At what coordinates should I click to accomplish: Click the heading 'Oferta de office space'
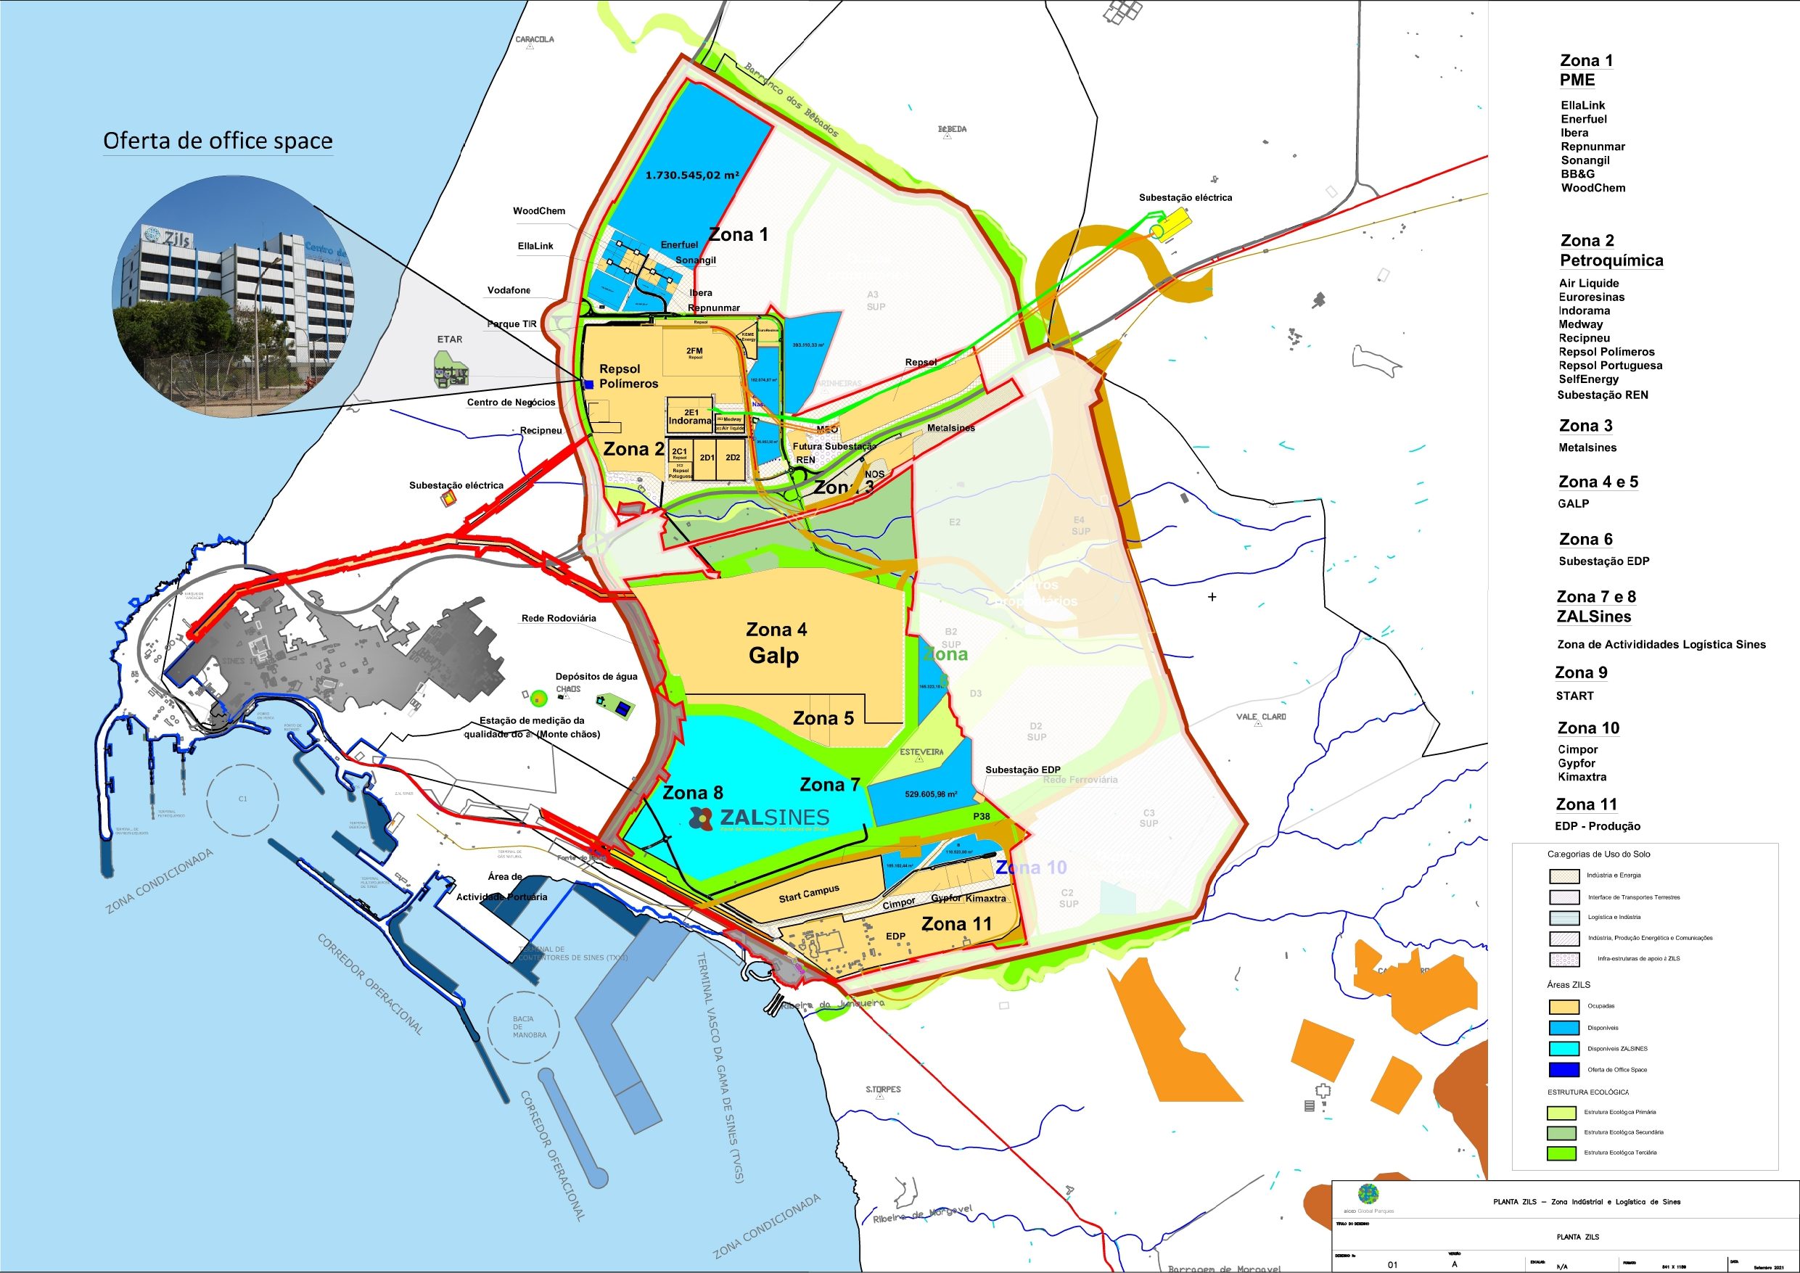click(218, 141)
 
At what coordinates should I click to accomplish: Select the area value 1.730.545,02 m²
click(691, 176)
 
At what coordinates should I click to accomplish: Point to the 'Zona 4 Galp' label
click(775, 643)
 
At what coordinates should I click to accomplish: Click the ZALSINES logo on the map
click(759, 817)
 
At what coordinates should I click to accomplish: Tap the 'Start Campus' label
click(808, 894)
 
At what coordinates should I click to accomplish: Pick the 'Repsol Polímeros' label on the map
click(628, 376)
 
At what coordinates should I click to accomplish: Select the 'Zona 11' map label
click(956, 924)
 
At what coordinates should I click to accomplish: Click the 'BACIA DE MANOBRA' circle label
click(523, 1027)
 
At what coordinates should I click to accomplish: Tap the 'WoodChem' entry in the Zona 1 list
click(1593, 188)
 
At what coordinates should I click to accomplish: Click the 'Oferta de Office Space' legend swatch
click(1563, 1070)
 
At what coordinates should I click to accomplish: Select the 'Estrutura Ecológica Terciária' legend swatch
click(1561, 1153)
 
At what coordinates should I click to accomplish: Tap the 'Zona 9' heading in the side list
click(1580, 672)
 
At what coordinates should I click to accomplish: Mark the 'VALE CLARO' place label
click(1261, 717)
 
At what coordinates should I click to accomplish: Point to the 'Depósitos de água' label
click(596, 677)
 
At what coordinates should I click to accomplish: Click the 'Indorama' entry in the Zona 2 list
click(1584, 310)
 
